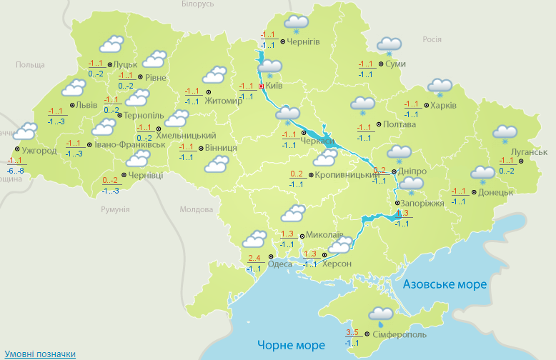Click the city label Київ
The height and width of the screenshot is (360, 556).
click(274, 86)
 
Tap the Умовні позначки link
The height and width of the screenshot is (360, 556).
click(40, 354)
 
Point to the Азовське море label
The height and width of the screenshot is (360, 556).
click(445, 284)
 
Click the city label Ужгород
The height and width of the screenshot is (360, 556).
click(39, 151)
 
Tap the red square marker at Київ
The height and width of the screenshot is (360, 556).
click(262, 86)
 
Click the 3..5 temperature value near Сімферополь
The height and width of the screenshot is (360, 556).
click(352, 332)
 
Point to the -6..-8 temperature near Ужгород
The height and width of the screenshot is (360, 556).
click(15, 171)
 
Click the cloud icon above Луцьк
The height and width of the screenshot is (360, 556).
click(111, 46)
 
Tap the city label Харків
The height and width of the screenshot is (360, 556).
click(443, 106)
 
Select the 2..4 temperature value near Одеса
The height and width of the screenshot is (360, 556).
click(253, 258)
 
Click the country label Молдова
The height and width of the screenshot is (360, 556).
click(196, 210)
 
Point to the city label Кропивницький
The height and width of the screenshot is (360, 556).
click(347, 175)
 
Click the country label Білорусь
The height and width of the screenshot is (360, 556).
click(197, 4)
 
